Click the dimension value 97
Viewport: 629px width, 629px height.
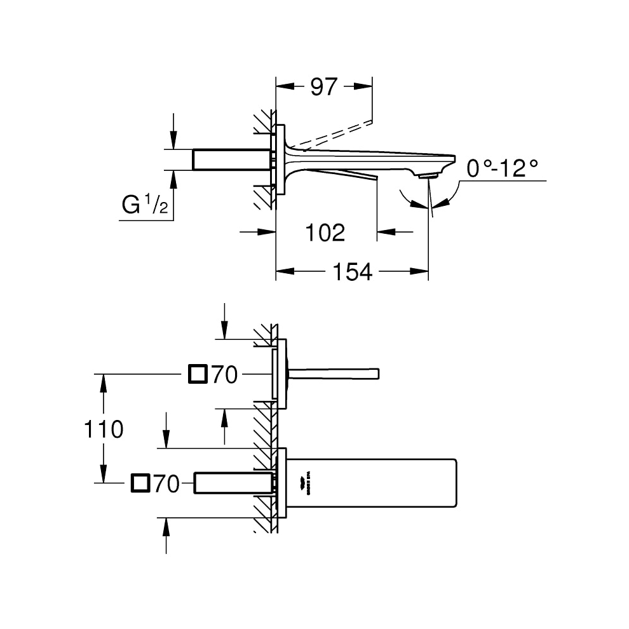click(x=324, y=87)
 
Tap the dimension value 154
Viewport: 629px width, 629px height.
click(x=353, y=271)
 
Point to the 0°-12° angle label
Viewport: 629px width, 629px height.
click(x=502, y=169)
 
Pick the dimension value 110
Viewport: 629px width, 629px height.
click(x=104, y=429)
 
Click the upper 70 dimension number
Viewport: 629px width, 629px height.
click(x=224, y=375)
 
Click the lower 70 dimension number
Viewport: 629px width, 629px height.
click(x=166, y=485)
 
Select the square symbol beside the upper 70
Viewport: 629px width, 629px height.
click(x=198, y=375)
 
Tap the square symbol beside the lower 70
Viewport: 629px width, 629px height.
click(x=140, y=484)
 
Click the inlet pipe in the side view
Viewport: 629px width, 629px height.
click(x=232, y=159)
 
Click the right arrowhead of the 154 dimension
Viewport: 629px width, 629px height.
click(x=420, y=271)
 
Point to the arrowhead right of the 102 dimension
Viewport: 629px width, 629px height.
click(x=385, y=232)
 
